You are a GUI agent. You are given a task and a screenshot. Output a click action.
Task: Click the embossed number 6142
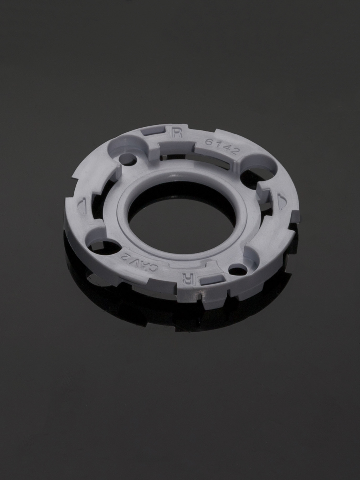click(222, 147)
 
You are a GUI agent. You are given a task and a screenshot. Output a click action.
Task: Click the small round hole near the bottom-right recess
click(238, 271)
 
